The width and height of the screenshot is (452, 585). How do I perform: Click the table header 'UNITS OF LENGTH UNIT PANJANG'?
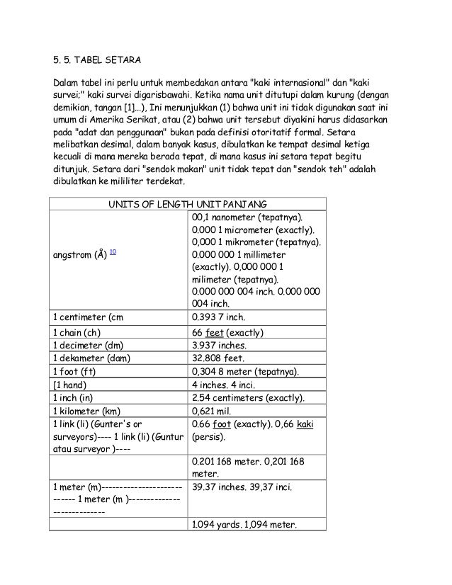(186, 204)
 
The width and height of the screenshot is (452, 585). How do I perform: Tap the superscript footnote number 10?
(113, 251)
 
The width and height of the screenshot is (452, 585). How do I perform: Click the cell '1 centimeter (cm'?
(91, 317)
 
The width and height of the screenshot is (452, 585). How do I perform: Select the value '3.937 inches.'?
(224, 346)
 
